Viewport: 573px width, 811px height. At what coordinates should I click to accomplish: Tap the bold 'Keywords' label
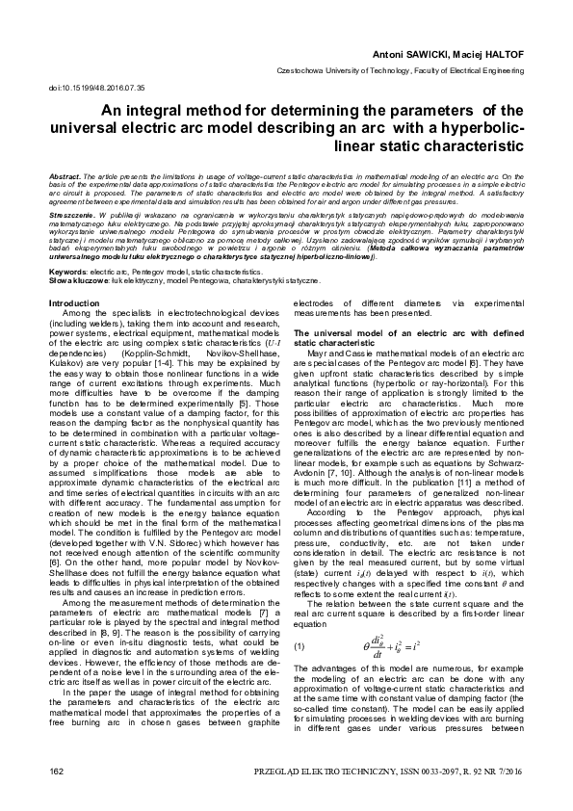[66, 274]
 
